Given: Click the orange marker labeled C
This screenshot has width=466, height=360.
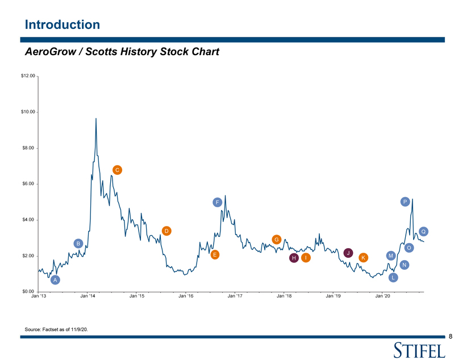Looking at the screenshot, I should click(116, 170).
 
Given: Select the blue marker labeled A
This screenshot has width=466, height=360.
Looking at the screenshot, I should click(55, 280).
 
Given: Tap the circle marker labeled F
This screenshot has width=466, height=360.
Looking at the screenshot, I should click(217, 202).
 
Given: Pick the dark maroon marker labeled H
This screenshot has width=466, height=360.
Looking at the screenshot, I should click(294, 258).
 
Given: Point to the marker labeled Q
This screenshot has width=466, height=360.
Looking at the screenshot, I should click(423, 231).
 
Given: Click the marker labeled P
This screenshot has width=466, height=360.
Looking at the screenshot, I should click(405, 202).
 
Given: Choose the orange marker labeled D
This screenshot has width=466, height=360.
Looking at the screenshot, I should click(167, 231).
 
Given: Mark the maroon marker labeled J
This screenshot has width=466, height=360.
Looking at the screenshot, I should click(348, 253).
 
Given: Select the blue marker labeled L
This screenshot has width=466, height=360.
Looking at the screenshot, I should click(393, 278).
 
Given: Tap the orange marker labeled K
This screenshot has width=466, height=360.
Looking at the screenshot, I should click(363, 258).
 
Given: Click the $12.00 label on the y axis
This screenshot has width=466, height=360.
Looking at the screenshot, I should click(28, 76).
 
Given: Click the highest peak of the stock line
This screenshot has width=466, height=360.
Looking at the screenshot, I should click(96, 119).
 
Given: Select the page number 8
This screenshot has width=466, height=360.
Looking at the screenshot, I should click(450, 337).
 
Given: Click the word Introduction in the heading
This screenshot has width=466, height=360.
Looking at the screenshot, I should click(62, 24).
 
